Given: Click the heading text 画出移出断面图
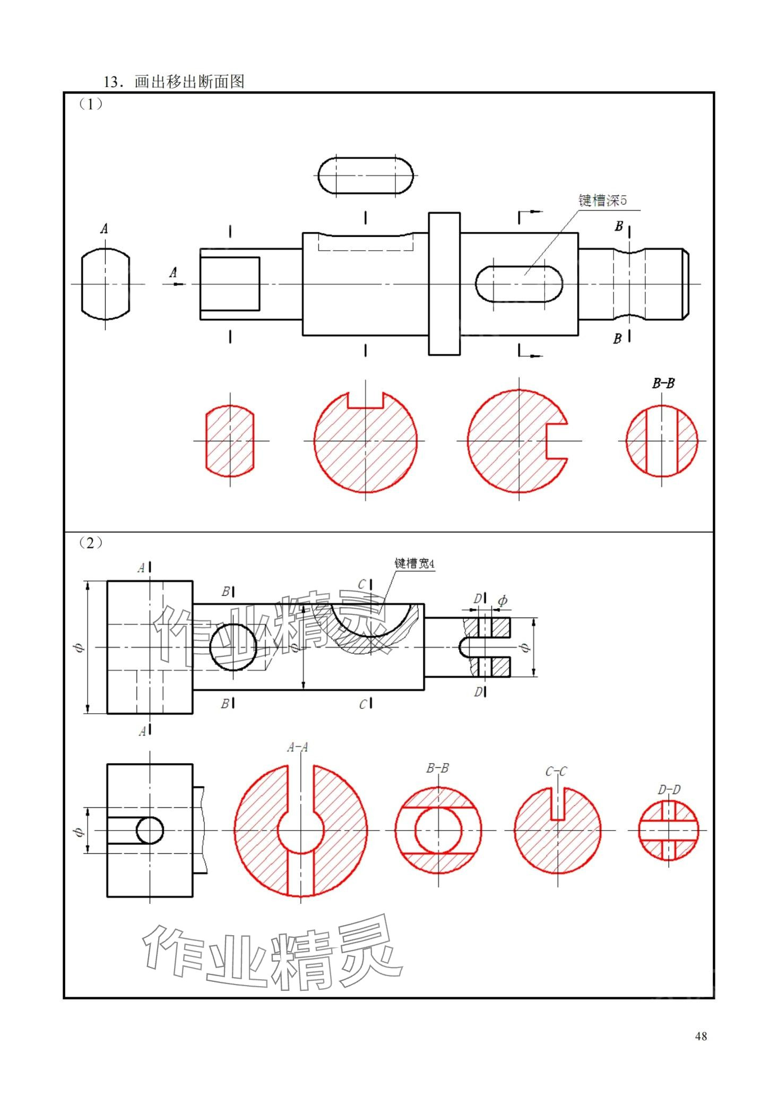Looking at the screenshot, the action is click(189, 82).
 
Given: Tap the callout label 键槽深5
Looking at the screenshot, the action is click(602, 200).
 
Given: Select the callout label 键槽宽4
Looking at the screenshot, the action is click(414, 563).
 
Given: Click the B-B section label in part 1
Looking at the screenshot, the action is click(663, 383).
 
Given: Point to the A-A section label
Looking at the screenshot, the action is click(297, 748).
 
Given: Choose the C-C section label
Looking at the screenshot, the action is click(556, 772).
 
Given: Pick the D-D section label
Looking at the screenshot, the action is click(669, 790).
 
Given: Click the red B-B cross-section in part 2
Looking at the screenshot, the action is click(438, 830).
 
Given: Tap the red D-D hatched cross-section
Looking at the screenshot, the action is click(669, 830).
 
